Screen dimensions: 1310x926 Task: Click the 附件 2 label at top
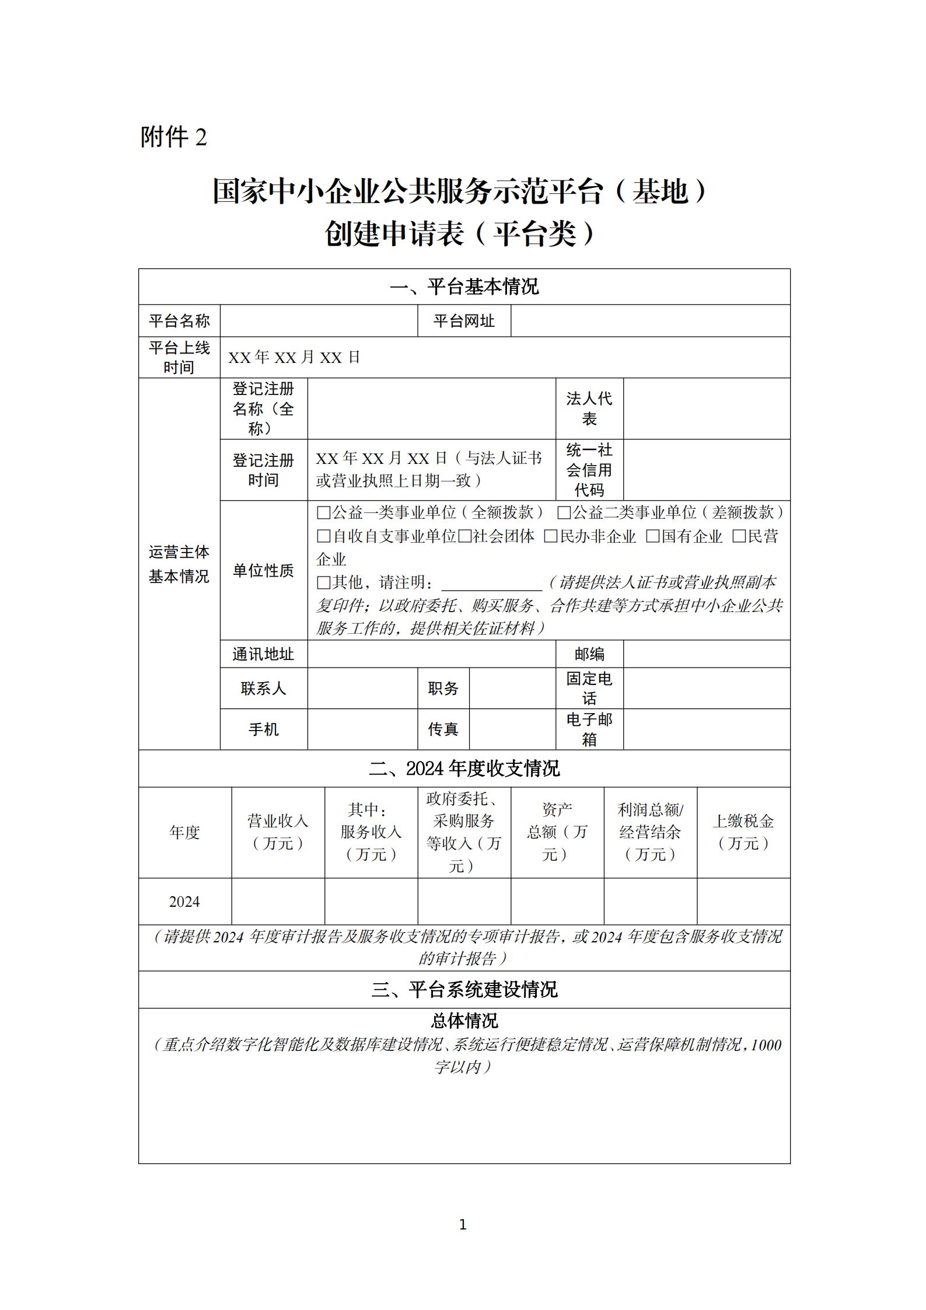click(x=174, y=138)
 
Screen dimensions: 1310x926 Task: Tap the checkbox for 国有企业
click(x=652, y=536)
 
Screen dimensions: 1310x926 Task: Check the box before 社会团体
click(x=464, y=536)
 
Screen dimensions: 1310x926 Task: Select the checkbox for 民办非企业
click(x=550, y=536)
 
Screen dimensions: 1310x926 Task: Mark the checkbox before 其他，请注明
click(x=323, y=582)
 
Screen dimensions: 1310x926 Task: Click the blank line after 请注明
click(x=491, y=584)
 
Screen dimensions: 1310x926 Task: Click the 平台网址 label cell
click(x=464, y=320)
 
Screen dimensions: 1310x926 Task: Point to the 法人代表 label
click(x=589, y=408)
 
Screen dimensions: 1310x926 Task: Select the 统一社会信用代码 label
click(x=589, y=470)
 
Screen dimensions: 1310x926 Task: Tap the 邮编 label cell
click(x=589, y=654)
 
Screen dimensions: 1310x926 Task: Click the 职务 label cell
click(x=443, y=689)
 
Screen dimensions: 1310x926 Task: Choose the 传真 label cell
click(x=443, y=729)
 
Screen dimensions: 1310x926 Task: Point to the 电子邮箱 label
click(x=589, y=729)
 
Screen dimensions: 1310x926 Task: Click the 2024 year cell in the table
click(x=184, y=902)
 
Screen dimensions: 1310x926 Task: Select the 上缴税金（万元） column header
click(x=743, y=832)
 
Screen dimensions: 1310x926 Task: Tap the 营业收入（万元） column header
click(x=278, y=832)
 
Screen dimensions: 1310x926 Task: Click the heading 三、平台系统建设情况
click(x=464, y=990)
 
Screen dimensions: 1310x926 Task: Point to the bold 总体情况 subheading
click(x=464, y=1021)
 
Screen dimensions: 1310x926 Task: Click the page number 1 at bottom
click(x=463, y=1225)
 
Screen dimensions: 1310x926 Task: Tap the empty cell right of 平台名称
click(x=319, y=320)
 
